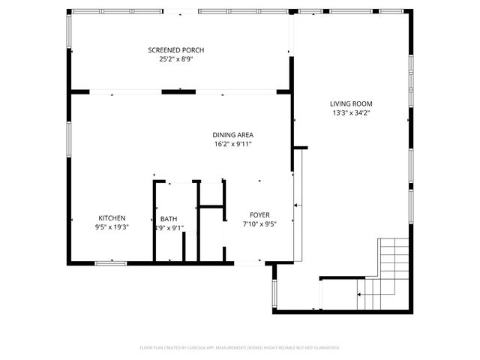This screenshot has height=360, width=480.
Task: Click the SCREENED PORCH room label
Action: tap(175, 50)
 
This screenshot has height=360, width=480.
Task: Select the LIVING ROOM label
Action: tap(351, 103)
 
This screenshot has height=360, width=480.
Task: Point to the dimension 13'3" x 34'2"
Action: tap(351, 112)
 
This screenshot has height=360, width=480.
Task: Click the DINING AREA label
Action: tap(232, 135)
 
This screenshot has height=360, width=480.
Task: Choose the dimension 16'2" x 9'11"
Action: tap(232, 144)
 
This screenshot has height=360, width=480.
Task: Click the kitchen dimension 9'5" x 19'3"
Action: tap(112, 227)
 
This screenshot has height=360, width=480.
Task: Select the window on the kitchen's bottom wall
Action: tap(111, 262)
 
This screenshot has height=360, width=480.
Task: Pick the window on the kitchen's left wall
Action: tap(70, 142)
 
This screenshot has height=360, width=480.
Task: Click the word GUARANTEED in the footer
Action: tap(324, 348)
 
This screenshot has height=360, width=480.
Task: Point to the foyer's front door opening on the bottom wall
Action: tap(247, 262)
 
